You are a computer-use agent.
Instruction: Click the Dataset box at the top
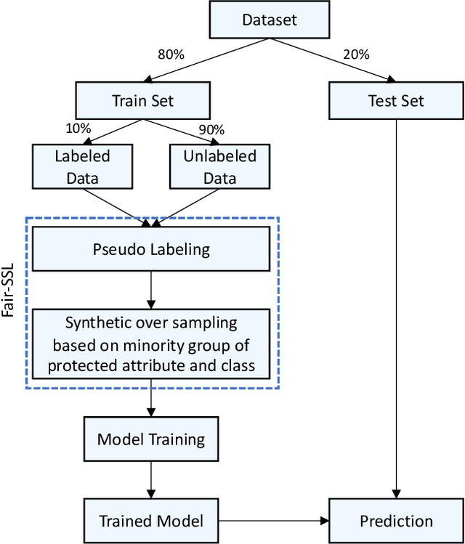click(269, 20)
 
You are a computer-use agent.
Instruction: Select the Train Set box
click(142, 101)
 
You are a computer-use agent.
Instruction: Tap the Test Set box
click(396, 101)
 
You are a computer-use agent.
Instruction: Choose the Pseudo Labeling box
click(151, 250)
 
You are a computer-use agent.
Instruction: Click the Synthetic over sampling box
click(151, 344)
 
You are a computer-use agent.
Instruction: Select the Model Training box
click(151, 439)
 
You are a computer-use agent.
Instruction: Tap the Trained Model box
click(151, 520)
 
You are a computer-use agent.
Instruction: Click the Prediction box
click(396, 520)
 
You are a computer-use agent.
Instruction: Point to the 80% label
click(171, 54)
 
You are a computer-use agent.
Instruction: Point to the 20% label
click(356, 54)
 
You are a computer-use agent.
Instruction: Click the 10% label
click(78, 129)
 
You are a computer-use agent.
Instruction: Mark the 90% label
click(211, 129)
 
